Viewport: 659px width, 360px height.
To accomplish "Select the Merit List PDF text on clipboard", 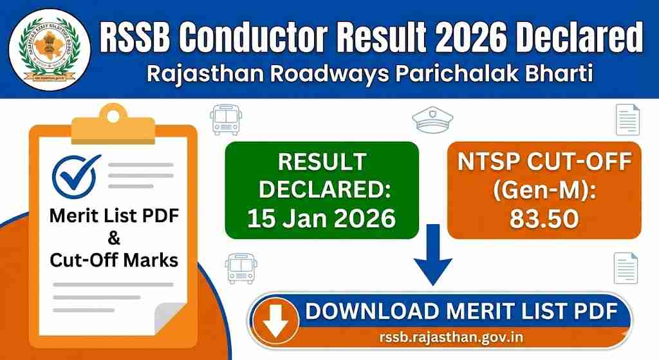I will click(113, 216).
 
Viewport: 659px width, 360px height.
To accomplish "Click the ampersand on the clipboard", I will click(113, 239).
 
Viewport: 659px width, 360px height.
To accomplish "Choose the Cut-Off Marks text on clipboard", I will click(113, 261).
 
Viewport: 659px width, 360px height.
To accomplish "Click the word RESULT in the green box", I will click(321, 161).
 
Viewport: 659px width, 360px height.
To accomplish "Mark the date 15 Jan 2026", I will click(321, 220).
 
